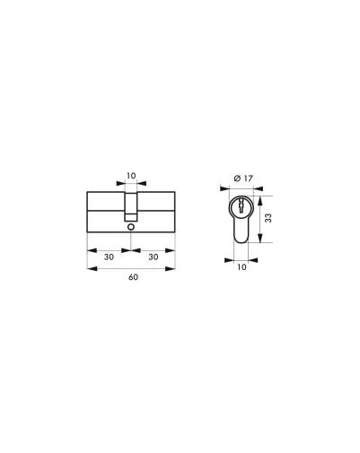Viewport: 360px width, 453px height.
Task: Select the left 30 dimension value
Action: point(109,256)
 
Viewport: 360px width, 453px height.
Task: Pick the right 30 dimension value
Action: point(154,256)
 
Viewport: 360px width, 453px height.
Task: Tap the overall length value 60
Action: point(132,278)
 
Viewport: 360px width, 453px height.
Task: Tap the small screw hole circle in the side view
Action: point(132,228)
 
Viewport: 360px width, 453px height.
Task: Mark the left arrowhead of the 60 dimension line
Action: point(89,266)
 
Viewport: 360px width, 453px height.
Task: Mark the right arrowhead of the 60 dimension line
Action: point(175,266)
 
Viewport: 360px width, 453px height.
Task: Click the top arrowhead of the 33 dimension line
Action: point(260,195)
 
